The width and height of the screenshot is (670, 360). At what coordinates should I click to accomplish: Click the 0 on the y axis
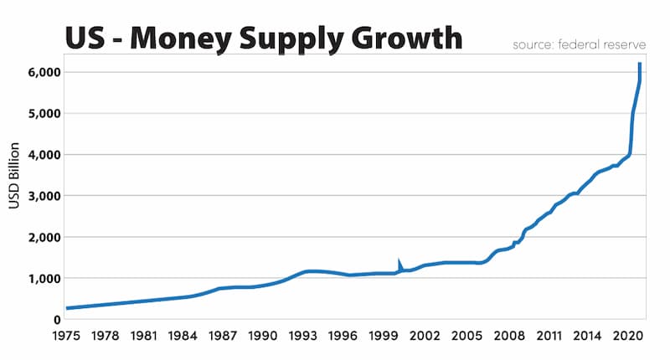click(x=56, y=319)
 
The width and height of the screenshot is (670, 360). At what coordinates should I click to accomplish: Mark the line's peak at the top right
click(x=640, y=64)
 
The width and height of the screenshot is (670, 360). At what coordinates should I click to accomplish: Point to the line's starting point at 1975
click(x=67, y=308)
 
